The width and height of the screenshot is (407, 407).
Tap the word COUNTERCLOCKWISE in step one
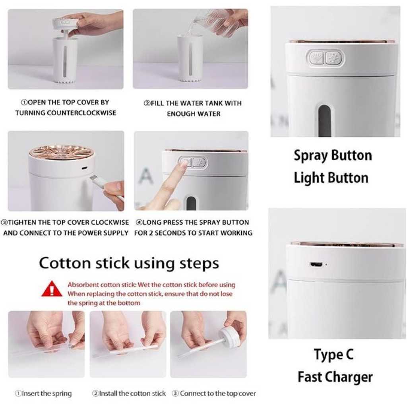click(x=81, y=113)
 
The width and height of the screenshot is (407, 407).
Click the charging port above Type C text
click(x=316, y=265)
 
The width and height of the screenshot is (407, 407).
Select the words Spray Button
click(x=333, y=156)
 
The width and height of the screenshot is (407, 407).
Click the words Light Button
click(x=331, y=178)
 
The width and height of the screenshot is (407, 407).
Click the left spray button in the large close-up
click(x=316, y=58)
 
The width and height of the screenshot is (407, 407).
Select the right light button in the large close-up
click(x=334, y=58)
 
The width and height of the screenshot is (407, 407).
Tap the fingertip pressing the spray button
click(x=183, y=163)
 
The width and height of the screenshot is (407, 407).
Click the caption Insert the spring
click(x=43, y=393)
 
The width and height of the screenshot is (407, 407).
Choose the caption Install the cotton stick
click(x=129, y=393)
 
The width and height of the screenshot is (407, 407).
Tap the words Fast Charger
click(x=335, y=377)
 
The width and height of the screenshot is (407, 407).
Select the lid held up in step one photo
click(x=66, y=24)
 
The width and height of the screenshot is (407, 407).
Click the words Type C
click(x=333, y=355)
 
